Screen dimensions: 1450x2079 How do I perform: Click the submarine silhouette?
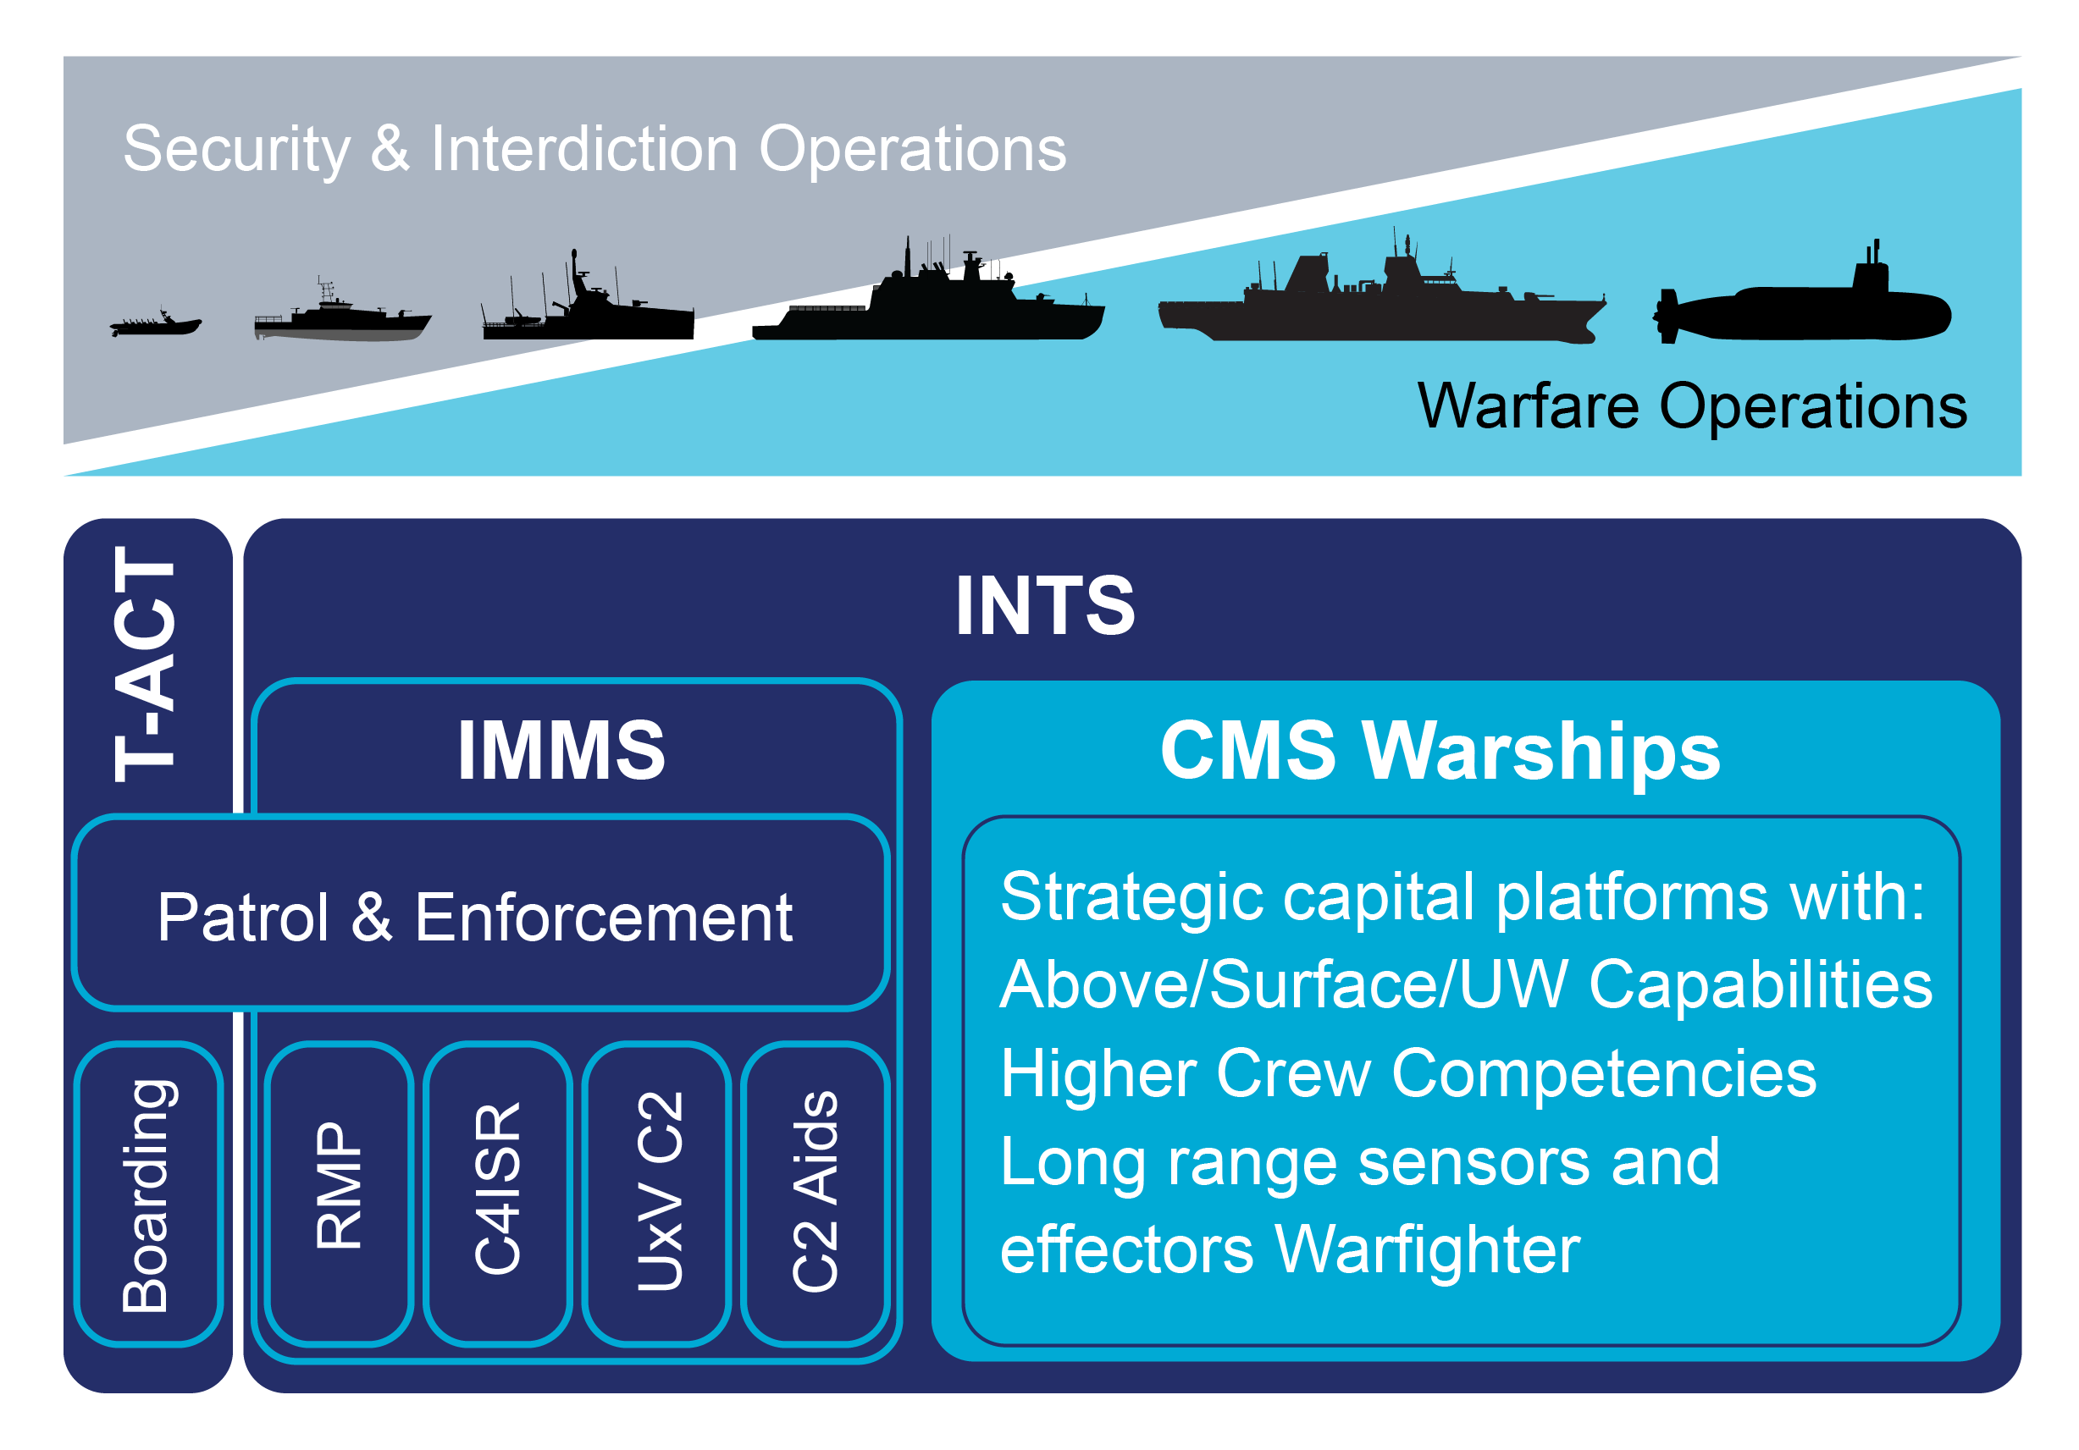point(1802,312)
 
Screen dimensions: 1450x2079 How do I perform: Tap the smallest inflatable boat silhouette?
point(156,325)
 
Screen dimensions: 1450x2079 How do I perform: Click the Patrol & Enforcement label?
point(474,917)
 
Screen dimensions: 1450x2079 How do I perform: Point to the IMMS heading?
point(561,749)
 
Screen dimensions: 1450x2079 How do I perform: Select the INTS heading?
point(1045,605)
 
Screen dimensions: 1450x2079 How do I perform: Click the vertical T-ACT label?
point(145,665)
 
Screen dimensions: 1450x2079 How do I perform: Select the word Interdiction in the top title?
point(584,148)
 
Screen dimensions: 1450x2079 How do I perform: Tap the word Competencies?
point(1603,1073)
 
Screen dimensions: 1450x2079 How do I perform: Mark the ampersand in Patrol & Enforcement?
point(371,917)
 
